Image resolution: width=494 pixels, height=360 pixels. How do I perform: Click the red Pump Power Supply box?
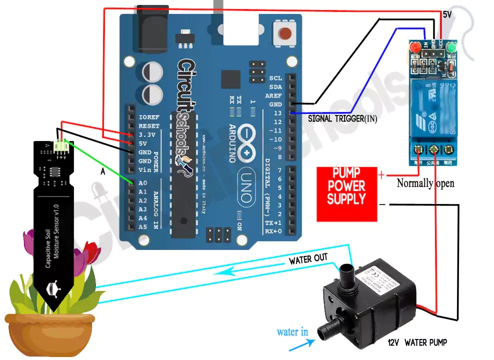click(346, 194)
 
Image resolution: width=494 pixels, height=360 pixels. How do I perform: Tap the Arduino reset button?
click(284, 33)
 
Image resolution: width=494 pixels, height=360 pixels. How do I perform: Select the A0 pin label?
click(143, 183)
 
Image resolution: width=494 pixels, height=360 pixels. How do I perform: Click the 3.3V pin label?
click(148, 134)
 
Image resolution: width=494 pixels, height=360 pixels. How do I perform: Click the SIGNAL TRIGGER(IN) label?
click(342, 119)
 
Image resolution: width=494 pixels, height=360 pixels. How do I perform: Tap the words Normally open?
click(425, 183)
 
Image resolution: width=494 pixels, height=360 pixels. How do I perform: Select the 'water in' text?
click(292, 332)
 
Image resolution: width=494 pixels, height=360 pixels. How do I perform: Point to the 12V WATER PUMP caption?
click(417, 342)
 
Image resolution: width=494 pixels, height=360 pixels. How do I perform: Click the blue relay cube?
click(433, 107)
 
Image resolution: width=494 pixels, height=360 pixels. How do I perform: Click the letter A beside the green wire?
click(103, 171)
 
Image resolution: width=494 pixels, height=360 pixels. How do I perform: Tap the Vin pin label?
click(144, 170)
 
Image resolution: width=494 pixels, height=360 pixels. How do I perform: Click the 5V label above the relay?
click(447, 15)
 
